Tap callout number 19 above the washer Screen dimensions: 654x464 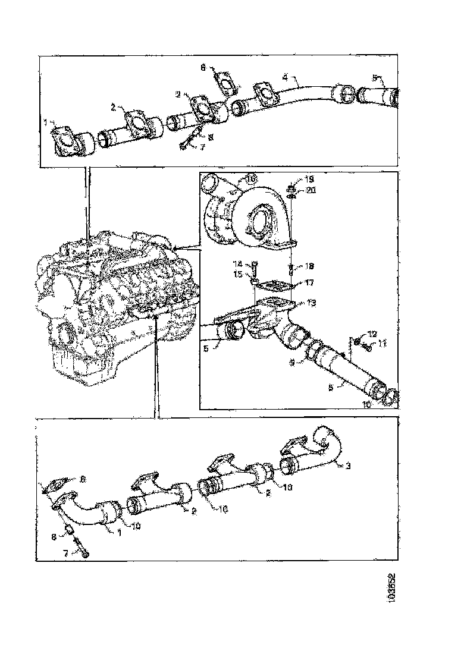[309, 179]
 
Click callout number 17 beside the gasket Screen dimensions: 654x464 [309, 283]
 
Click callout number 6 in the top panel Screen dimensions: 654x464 [203, 68]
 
